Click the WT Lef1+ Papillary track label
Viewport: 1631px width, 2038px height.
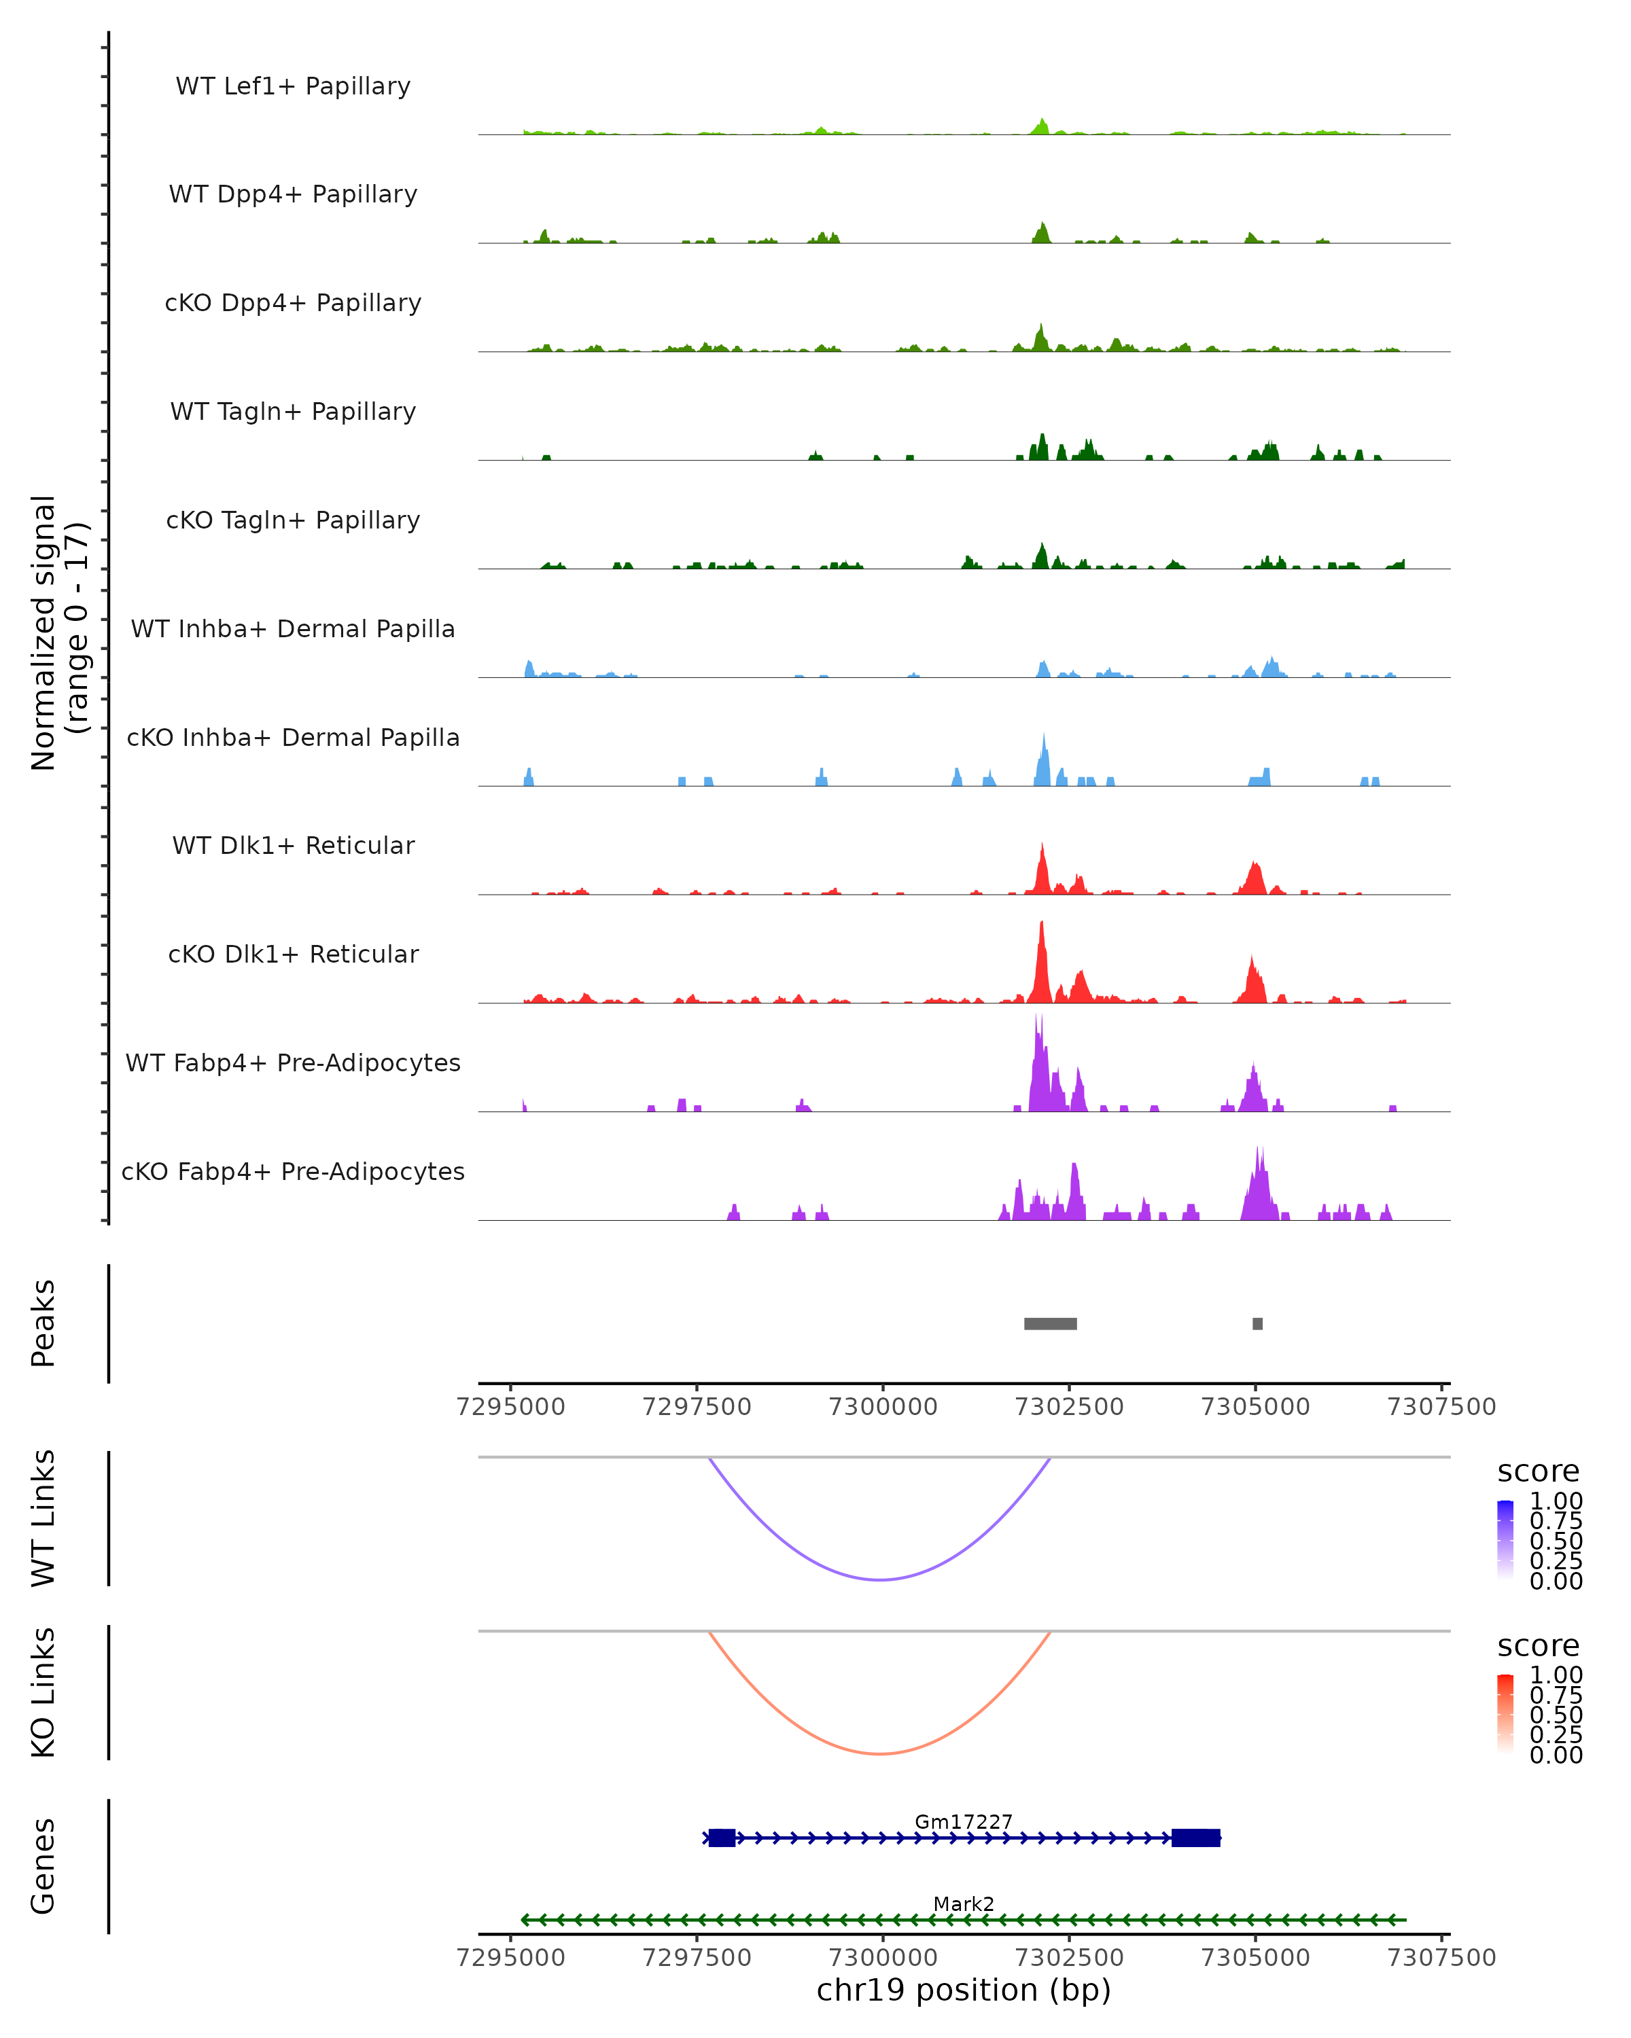point(293,86)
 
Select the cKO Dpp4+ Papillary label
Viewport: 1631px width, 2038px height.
point(293,304)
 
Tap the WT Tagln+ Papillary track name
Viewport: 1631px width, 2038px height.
point(293,412)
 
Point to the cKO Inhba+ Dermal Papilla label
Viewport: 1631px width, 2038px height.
point(293,738)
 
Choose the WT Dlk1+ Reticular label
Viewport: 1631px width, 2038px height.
point(293,846)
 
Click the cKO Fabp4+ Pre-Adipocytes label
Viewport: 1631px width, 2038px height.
point(293,1172)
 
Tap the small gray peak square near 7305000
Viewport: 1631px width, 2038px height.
point(1257,1323)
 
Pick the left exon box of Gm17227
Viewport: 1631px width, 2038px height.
point(722,1838)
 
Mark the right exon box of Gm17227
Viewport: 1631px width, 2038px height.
point(1195,1838)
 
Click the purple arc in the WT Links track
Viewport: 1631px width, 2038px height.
point(880,1579)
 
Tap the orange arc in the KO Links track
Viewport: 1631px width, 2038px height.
point(880,1753)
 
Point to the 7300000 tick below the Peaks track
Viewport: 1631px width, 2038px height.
point(883,1407)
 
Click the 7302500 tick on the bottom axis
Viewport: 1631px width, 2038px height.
point(1070,1958)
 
